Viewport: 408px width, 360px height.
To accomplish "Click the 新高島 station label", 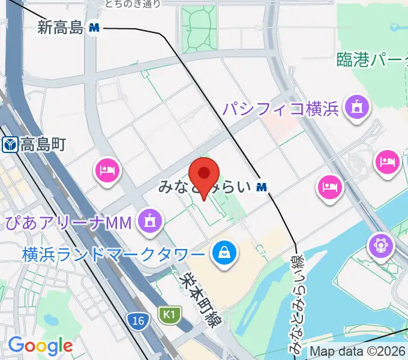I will (x=59, y=27).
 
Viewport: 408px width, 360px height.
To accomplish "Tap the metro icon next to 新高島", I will (x=94, y=27).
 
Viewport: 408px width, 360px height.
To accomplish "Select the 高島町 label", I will (x=42, y=145).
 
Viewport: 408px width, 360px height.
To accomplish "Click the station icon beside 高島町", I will (x=10, y=145).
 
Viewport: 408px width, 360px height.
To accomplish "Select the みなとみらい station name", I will (x=204, y=187).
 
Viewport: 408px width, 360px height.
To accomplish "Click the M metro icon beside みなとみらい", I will (x=262, y=187).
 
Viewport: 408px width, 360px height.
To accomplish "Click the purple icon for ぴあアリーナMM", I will (x=149, y=222).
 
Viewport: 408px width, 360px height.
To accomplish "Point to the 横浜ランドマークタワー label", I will (x=114, y=253).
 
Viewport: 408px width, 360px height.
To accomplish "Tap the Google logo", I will (x=40, y=346).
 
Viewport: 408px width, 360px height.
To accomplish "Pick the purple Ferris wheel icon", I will (x=381, y=245).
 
